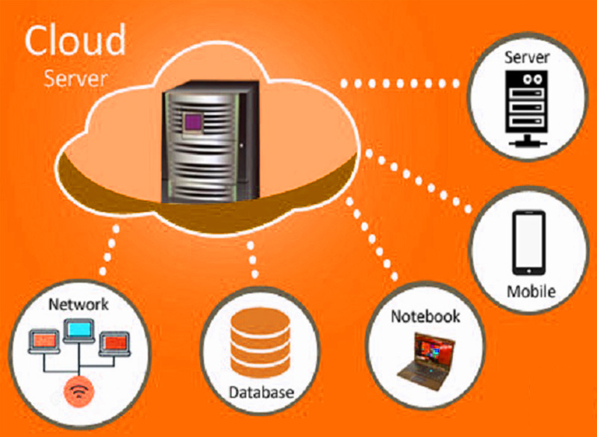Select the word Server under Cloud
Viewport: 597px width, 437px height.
[x=75, y=77]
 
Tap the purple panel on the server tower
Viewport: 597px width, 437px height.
[x=195, y=120]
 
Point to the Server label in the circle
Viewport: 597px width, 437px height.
[x=528, y=57]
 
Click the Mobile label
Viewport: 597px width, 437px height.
[x=531, y=291]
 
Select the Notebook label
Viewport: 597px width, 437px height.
[x=425, y=316]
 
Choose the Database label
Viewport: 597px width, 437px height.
[x=260, y=391]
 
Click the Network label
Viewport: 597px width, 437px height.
[x=78, y=305]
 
